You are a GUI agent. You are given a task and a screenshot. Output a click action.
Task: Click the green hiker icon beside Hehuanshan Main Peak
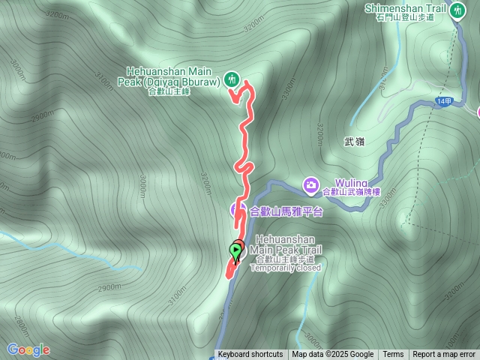[232, 78]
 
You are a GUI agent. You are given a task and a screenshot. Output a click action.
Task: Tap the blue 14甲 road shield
[443, 100]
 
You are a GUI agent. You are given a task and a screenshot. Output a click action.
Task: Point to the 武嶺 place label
[354, 141]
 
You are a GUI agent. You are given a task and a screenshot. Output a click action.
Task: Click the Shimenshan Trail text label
[405, 7]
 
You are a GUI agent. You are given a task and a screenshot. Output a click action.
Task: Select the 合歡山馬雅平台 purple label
[286, 211]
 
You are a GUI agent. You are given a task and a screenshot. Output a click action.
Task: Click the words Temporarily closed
[285, 268]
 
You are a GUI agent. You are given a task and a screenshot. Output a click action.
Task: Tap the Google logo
[28, 349]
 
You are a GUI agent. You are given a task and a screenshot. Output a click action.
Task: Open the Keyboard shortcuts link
[250, 355]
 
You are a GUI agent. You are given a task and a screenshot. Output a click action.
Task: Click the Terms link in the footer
[393, 355]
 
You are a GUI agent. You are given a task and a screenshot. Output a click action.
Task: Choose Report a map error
[444, 355]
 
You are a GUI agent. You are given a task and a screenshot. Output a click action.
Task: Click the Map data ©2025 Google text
[332, 355]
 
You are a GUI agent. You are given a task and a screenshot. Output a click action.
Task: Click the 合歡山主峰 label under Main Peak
[169, 91]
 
